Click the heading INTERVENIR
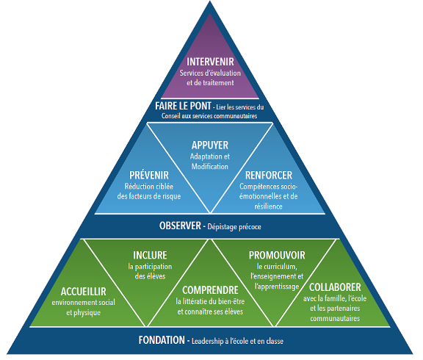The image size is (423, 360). pos(210,62)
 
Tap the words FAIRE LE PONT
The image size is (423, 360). pos(183,106)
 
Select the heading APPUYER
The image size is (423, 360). pos(210,145)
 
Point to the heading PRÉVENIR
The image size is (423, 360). pos(149,175)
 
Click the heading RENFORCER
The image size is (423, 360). pos(269,175)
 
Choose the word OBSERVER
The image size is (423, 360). pos(180,226)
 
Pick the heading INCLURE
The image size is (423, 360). pos(150,255)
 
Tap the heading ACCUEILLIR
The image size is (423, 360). pos(84,292)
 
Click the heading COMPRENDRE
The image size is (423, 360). pos(210,290)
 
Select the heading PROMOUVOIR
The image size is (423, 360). pos(277,255)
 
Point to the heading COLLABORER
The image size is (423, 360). pos(335,287)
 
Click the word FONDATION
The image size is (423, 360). pos(162,340)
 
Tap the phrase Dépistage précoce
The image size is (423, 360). pos(234,227)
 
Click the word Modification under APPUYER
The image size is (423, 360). pos(210,166)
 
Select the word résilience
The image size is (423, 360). pos(269,206)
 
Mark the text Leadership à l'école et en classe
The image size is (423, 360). pos(237,341)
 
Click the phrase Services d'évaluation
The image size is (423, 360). pos(210,73)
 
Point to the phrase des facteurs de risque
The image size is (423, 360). pos(149,196)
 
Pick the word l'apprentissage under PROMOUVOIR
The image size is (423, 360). pos(277,287)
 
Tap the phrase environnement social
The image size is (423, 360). pos(84,302)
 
